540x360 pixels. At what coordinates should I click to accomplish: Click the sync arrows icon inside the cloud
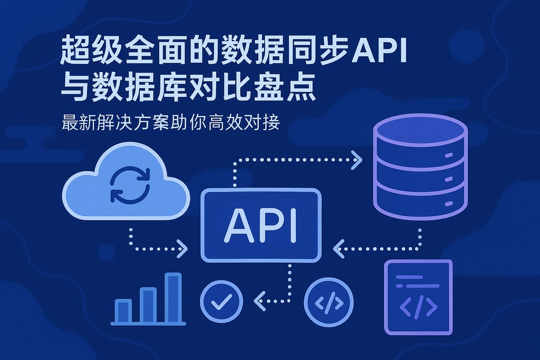pyautogui.click(x=130, y=185)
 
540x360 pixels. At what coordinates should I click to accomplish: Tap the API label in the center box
pyautogui.click(x=261, y=226)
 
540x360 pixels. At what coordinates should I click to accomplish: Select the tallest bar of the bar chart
pyautogui.click(x=173, y=298)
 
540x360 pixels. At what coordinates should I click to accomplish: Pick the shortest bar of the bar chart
pyautogui.click(x=123, y=312)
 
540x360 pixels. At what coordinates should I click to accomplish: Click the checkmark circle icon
pyautogui.click(x=221, y=301)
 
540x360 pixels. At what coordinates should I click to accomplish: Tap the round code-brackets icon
pyautogui.click(x=329, y=303)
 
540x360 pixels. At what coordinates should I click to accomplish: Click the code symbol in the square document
pyautogui.click(x=418, y=307)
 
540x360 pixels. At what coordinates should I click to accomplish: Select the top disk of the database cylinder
pyautogui.click(x=420, y=130)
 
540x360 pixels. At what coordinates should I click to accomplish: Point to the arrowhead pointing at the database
pyautogui.click(x=357, y=160)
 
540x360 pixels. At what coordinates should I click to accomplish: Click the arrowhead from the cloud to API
pyautogui.click(x=182, y=248)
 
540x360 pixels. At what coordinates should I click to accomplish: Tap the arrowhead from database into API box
pyautogui.click(x=339, y=248)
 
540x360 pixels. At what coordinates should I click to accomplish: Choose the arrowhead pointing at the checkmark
pyautogui.click(x=259, y=301)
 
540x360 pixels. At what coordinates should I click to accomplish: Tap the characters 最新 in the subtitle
pyautogui.click(x=79, y=122)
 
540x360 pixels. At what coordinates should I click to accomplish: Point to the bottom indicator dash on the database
pyautogui.click(x=448, y=204)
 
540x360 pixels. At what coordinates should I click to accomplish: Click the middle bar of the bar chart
pyautogui.click(x=148, y=306)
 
